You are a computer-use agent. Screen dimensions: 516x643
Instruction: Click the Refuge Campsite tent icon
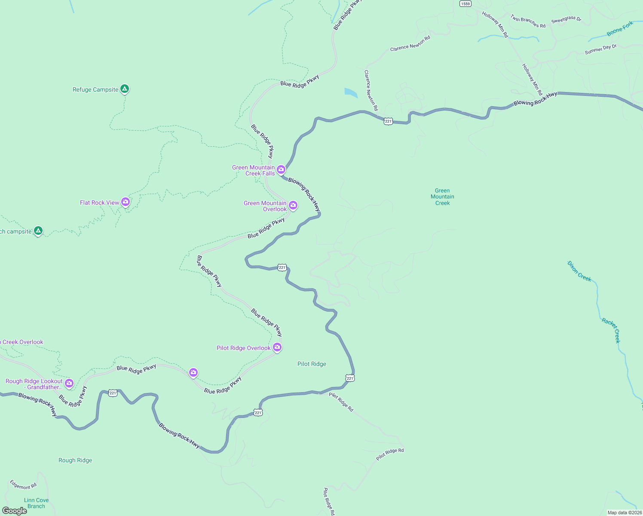click(x=125, y=89)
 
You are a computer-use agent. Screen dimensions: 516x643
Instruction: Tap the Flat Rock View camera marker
click(x=126, y=202)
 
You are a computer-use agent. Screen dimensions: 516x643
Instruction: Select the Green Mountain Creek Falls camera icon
click(x=281, y=169)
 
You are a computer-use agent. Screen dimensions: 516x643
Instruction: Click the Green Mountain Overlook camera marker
click(x=293, y=205)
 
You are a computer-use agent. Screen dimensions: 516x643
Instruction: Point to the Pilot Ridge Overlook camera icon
click(x=277, y=347)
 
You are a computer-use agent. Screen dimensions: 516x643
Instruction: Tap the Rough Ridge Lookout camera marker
click(x=69, y=383)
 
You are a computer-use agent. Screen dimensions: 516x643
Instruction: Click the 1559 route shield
click(x=465, y=3)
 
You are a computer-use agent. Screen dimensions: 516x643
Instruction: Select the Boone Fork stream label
click(x=620, y=29)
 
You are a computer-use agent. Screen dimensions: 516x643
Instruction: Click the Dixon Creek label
click(x=579, y=271)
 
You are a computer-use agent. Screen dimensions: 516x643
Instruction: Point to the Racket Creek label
click(x=611, y=330)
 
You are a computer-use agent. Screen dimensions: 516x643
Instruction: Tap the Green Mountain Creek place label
click(x=442, y=197)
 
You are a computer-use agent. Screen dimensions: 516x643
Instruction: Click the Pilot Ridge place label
click(x=312, y=364)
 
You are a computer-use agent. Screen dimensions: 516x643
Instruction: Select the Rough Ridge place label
click(x=75, y=460)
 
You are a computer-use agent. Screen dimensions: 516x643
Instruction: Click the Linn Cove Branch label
click(x=36, y=503)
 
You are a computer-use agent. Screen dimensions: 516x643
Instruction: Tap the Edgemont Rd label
click(x=23, y=485)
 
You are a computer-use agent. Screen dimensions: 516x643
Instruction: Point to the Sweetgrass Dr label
click(x=566, y=19)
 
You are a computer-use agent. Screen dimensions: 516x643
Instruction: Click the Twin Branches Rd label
click(x=528, y=21)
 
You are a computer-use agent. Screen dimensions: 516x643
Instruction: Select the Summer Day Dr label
click(x=600, y=49)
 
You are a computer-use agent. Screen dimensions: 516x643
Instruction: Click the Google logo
click(x=15, y=511)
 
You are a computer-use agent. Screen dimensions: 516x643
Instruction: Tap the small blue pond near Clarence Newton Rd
click(x=351, y=92)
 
